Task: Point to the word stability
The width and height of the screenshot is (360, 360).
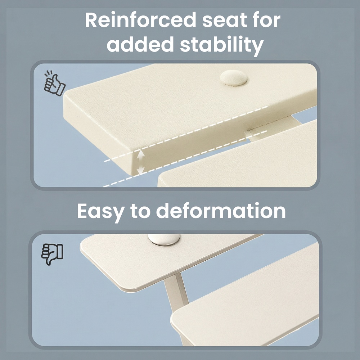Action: pos(221,45)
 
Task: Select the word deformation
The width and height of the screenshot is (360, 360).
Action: pos(221,211)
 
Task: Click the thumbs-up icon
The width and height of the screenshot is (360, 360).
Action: pos(54,83)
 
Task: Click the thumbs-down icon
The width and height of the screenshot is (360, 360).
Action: pos(52,255)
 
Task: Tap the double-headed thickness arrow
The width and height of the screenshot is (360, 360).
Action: pos(140,162)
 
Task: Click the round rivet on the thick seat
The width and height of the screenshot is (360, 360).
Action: pos(234,78)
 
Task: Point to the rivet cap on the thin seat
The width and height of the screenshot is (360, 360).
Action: pos(164,240)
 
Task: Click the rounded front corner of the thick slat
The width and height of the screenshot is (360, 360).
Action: pos(67,96)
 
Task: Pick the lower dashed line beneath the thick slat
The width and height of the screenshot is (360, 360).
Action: pos(185,159)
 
